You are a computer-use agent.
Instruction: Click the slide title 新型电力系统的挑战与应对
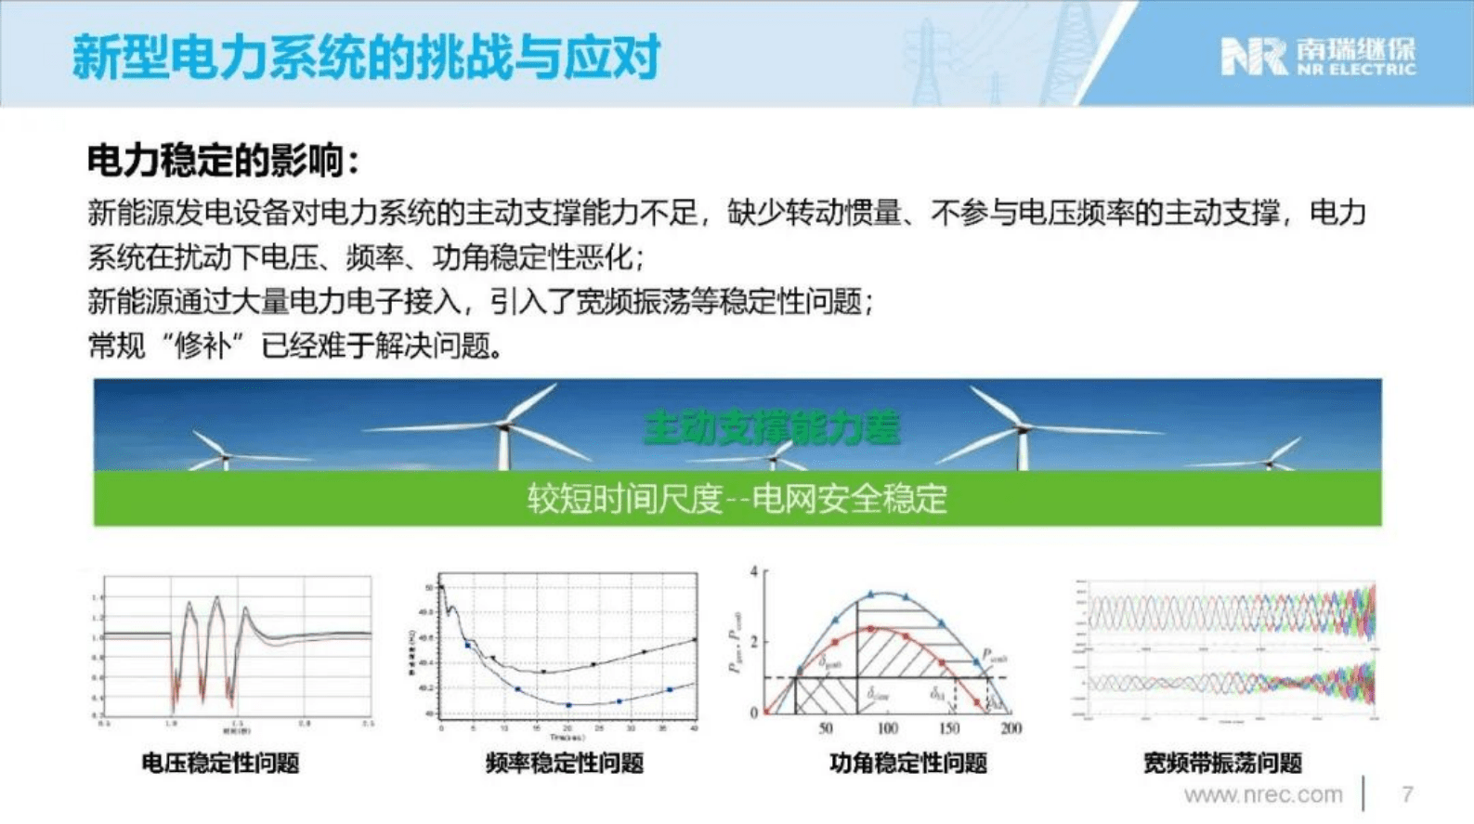coord(366,56)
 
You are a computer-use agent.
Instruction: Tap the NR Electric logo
coord(1317,57)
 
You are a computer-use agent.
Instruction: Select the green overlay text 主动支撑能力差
coord(771,428)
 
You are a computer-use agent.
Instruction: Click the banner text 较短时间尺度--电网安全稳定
coord(737,499)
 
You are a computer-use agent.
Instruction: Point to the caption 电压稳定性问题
coord(220,764)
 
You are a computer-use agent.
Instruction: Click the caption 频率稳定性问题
coord(564,764)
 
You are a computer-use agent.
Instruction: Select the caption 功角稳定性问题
coord(907,764)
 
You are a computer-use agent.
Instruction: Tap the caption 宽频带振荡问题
coord(1221,764)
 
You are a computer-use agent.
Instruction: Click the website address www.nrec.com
coord(1262,794)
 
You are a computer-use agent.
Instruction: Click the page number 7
coord(1407,794)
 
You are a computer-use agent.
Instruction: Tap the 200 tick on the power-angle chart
coord(1011,728)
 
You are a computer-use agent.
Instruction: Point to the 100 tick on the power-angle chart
coord(887,728)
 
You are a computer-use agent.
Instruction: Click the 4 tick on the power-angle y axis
coord(754,572)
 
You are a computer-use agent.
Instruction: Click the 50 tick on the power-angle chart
coord(825,728)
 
